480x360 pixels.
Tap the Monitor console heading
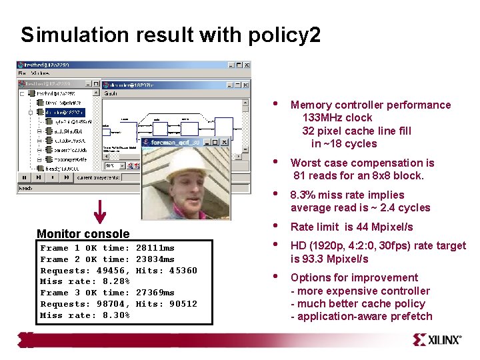click(83, 233)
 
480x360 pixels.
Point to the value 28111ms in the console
click(155, 248)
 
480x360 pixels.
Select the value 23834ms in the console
click(155, 259)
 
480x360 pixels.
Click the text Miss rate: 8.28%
click(85, 281)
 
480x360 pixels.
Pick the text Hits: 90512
click(166, 304)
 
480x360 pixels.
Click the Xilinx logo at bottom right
click(437, 339)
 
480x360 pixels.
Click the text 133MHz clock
click(337, 118)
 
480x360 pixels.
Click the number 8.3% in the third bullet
click(303, 195)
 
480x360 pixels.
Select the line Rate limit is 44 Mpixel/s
click(351, 227)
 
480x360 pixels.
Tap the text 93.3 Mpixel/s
click(329, 259)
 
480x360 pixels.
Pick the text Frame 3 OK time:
click(85, 293)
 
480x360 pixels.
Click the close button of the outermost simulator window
click(247, 65)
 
